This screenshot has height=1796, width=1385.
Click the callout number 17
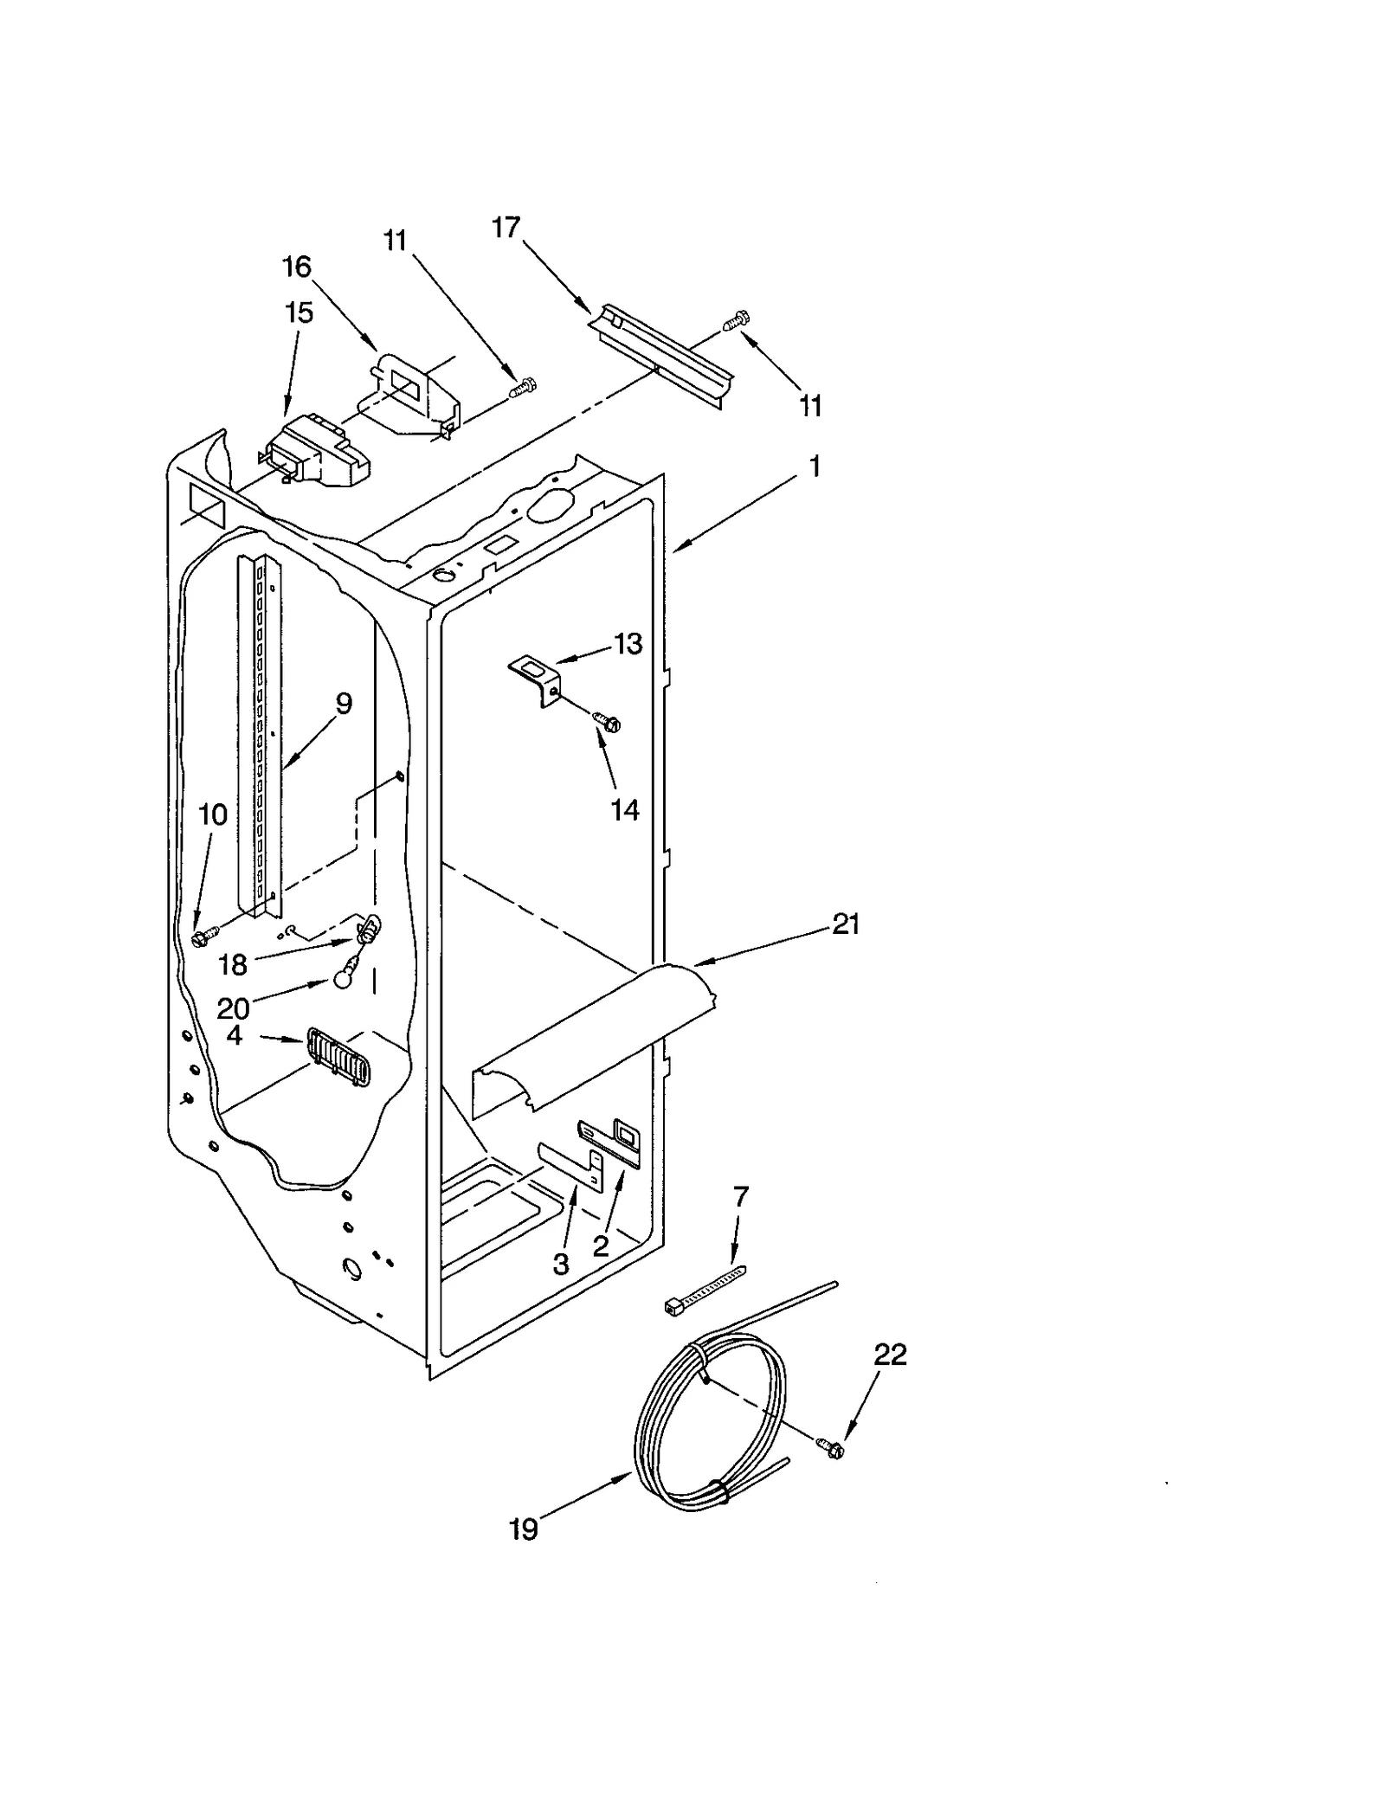pyautogui.click(x=506, y=227)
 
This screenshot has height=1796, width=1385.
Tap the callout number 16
pyautogui.click(x=297, y=267)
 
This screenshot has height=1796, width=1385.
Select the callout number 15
pyautogui.click(x=299, y=312)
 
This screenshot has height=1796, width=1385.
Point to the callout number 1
pyautogui.click(x=814, y=467)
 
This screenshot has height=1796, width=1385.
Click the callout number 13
pyautogui.click(x=628, y=644)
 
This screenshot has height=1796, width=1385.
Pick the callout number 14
pyautogui.click(x=625, y=810)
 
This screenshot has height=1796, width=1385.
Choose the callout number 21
pyautogui.click(x=846, y=924)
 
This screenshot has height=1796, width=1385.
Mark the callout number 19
pyautogui.click(x=523, y=1530)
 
